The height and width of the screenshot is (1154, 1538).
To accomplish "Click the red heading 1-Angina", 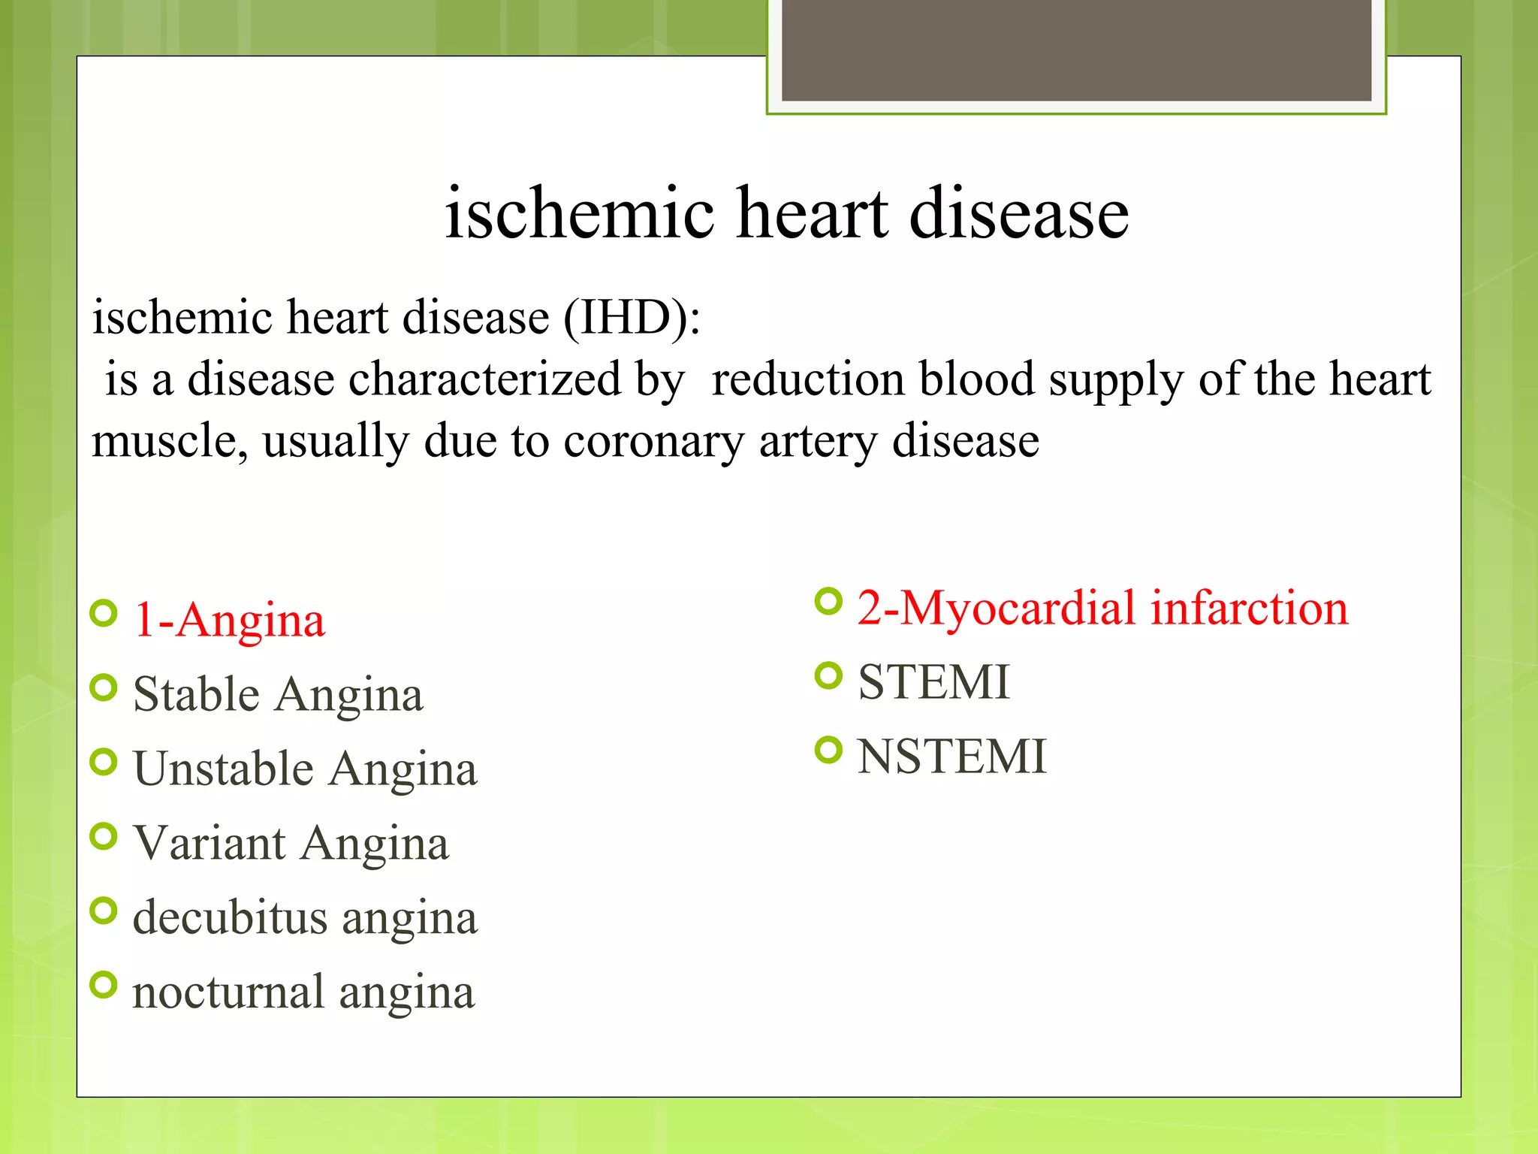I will click(x=229, y=621).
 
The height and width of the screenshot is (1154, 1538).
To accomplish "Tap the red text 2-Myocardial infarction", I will click(x=1102, y=608).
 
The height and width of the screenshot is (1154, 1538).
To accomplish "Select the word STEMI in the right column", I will click(x=933, y=682).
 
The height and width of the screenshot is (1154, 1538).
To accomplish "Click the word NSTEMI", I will click(x=951, y=757).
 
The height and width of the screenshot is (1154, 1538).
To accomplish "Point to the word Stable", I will click(x=196, y=693).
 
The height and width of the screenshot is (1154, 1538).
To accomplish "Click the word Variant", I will click(x=210, y=843).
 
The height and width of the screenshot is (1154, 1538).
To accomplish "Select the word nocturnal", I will click(x=228, y=992).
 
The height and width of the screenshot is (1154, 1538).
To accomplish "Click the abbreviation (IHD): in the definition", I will click(x=632, y=317).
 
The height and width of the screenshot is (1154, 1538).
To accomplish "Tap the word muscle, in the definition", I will click(x=170, y=441).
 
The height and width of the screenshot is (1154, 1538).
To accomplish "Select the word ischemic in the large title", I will click(x=579, y=213).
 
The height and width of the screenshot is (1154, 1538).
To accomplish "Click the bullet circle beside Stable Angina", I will click(x=104, y=687).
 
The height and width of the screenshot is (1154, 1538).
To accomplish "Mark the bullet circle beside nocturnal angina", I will click(x=104, y=985).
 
